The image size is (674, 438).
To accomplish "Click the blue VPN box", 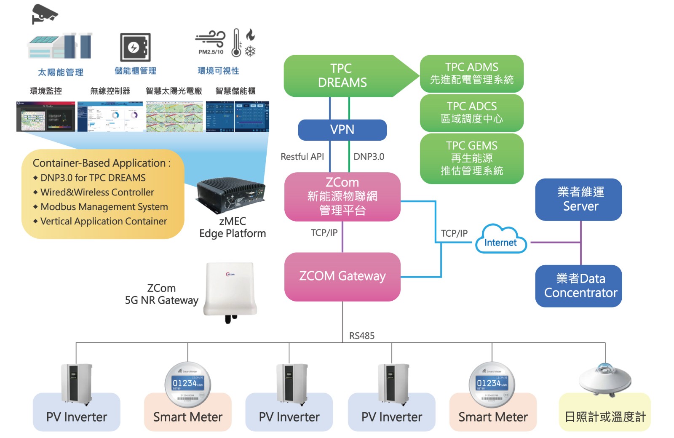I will pyautogui.click(x=342, y=130).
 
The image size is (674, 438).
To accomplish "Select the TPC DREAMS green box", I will pyautogui.click(x=342, y=76).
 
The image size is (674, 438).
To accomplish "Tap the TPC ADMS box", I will pyautogui.click(x=471, y=73).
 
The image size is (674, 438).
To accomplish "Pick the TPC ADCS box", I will pyautogui.click(x=471, y=112).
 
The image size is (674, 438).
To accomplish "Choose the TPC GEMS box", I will pyautogui.click(x=471, y=158).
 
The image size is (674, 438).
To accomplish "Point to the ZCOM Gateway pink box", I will pyautogui.click(x=342, y=276).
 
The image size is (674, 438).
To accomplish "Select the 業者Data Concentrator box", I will pyautogui.click(x=580, y=286).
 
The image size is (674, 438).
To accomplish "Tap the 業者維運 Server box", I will pyautogui.click(x=580, y=199).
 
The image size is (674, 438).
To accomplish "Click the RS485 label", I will pyautogui.click(x=361, y=336).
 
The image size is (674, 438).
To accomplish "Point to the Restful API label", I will pyautogui.click(x=302, y=157).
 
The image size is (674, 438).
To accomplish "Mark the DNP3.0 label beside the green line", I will pyautogui.click(x=369, y=157).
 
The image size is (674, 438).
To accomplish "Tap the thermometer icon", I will pyautogui.click(x=236, y=43).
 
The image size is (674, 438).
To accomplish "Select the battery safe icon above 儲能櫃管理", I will pyautogui.click(x=135, y=47).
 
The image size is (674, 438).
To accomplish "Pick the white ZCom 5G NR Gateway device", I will pyautogui.click(x=230, y=291).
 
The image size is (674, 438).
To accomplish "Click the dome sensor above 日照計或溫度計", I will pyautogui.click(x=604, y=379).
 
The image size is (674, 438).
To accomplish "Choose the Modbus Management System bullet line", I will pyautogui.click(x=104, y=207).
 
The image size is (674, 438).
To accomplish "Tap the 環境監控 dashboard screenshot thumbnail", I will pyautogui.click(x=45, y=116).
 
